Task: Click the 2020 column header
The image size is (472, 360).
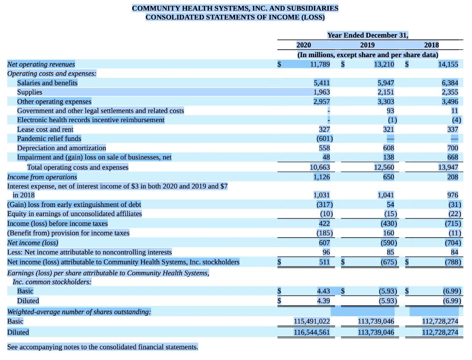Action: click(303, 45)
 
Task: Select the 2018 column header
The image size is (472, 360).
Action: click(431, 45)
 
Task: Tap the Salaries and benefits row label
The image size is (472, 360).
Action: click(47, 83)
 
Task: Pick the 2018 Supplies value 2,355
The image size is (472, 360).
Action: click(449, 92)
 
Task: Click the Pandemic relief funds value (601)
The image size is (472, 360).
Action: click(324, 139)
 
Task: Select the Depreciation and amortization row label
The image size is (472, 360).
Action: click(61, 148)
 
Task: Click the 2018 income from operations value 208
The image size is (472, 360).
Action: click(452, 177)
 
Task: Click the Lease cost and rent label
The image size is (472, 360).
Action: click(45, 130)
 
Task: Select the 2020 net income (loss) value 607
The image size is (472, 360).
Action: click(324, 242)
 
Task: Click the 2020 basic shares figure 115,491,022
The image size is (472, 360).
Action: click(312, 321)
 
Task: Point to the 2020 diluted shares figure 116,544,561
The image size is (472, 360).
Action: click(312, 332)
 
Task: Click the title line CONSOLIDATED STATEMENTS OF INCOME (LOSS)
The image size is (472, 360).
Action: click(235, 17)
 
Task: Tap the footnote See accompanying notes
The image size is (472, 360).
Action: click(102, 347)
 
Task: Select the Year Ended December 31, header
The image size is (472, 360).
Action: click(367, 35)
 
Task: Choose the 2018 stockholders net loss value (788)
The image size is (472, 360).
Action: click(452, 262)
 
